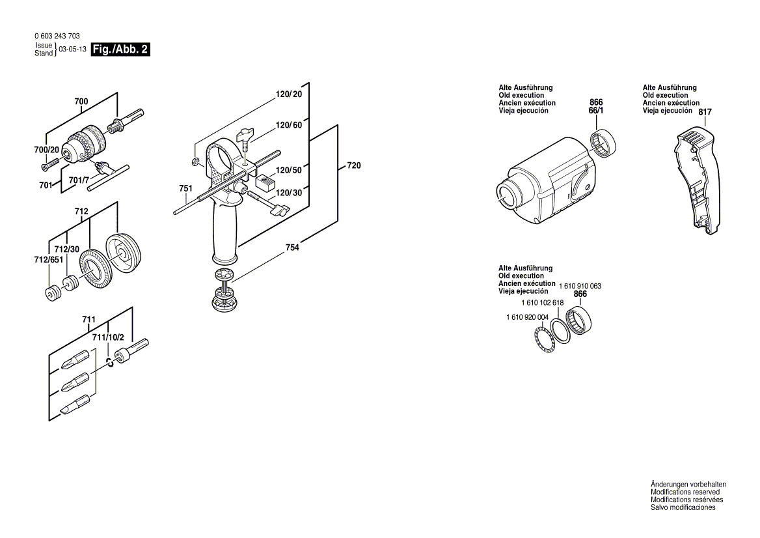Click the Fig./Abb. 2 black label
click(120, 50)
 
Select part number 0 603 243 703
click(57, 36)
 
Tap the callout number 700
click(81, 102)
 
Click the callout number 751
click(186, 189)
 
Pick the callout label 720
click(353, 166)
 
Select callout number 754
click(292, 248)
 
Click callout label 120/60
click(289, 125)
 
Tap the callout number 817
click(705, 113)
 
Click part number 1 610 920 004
click(526, 317)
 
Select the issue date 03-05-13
click(72, 50)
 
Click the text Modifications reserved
click(685, 492)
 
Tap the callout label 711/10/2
click(107, 337)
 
